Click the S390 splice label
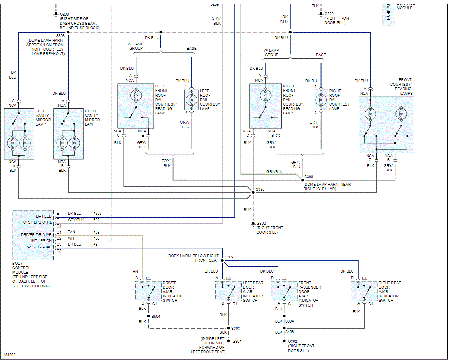(x=260, y=189)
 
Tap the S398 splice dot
(x=302, y=180)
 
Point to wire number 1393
(x=98, y=214)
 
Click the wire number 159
(x=97, y=232)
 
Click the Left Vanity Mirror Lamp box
(x=19, y=134)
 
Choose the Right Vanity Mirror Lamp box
(x=68, y=134)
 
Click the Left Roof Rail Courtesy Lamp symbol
(x=192, y=100)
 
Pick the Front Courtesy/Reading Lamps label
(x=401, y=86)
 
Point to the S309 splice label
(x=229, y=257)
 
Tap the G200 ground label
(x=64, y=14)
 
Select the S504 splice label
(x=156, y=316)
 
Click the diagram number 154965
(x=10, y=355)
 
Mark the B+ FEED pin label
(x=44, y=216)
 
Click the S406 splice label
(x=289, y=332)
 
